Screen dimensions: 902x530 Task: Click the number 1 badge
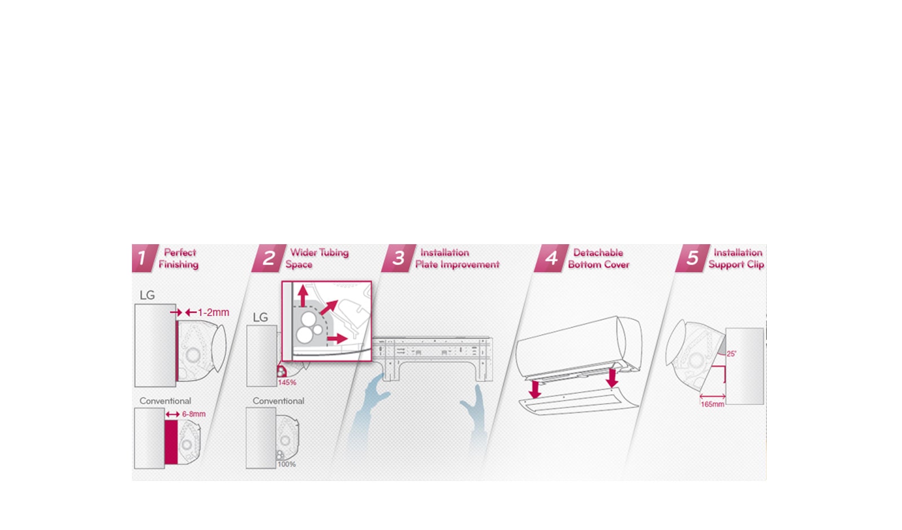pyautogui.click(x=144, y=258)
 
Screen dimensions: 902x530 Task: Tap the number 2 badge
pyautogui.click(x=268, y=258)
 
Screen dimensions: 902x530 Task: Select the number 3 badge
pyautogui.click(x=398, y=258)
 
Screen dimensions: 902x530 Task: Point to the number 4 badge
pyautogui.click(x=551, y=258)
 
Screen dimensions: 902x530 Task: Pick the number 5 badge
pyautogui.click(x=692, y=258)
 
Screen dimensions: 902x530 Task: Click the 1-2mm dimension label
pyautogui.click(x=214, y=312)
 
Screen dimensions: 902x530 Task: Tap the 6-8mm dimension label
pyautogui.click(x=194, y=414)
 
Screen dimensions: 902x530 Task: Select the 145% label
pyautogui.click(x=287, y=383)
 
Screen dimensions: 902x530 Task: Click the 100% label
pyautogui.click(x=287, y=465)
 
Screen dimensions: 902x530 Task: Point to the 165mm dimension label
pyautogui.click(x=713, y=404)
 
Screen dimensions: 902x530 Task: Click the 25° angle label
pyautogui.click(x=732, y=354)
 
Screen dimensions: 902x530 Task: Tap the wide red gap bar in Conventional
pyautogui.click(x=171, y=442)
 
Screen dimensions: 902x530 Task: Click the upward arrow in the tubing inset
pyautogui.click(x=303, y=297)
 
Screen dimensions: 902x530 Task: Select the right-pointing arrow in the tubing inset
pyautogui.click(x=338, y=339)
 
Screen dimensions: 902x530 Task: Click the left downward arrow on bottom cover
pyautogui.click(x=535, y=390)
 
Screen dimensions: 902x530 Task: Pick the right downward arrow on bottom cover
pyautogui.click(x=612, y=378)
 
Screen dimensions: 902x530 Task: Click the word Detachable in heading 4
pyautogui.click(x=598, y=253)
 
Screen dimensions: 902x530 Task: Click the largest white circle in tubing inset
pyautogui.click(x=305, y=335)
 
